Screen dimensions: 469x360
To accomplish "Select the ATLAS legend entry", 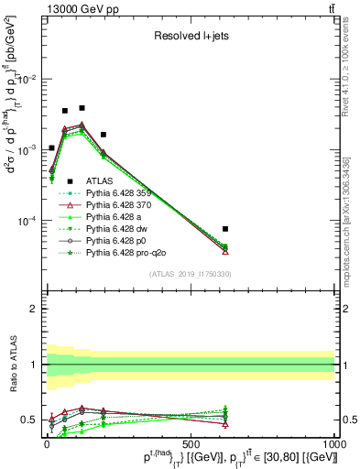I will tap(102, 181).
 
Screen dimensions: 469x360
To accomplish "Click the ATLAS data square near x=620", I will tap(225, 229).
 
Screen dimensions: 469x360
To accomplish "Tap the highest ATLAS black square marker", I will tap(82, 108).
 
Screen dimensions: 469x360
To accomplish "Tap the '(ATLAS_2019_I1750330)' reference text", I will tap(191, 275).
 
